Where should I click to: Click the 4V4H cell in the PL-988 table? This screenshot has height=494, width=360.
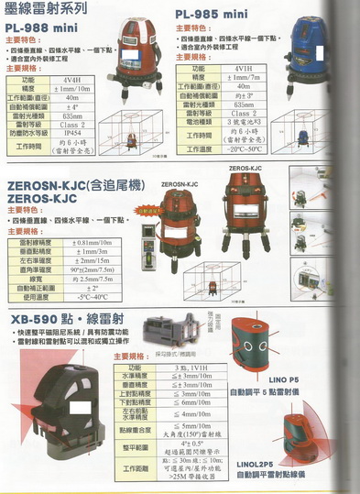coord(72,80)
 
